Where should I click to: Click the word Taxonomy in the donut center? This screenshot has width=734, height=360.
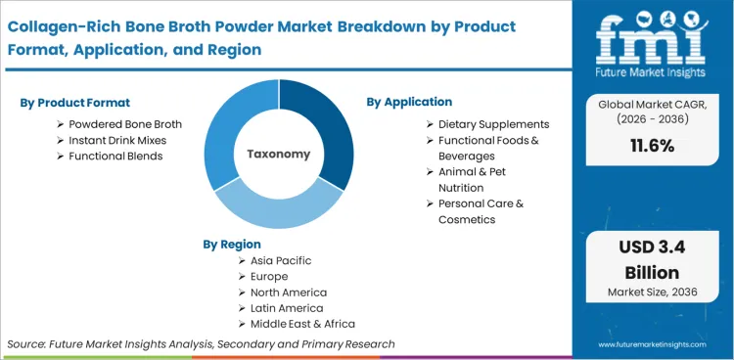coord(279,154)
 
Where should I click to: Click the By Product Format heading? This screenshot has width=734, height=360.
coord(75,103)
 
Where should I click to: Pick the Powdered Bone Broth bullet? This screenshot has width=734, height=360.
coord(124,124)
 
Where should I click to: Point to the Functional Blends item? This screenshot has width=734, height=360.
coord(116,156)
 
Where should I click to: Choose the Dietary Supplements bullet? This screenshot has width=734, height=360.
coord(493,124)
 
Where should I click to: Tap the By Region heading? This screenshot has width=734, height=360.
coord(232,244)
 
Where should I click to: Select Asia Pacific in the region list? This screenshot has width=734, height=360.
coord(281,261)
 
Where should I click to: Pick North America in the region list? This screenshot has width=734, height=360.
coord(289,292)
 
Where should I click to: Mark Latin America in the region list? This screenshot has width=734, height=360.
coord(287,308)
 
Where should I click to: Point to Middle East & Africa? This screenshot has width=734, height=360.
coord(302,324)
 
